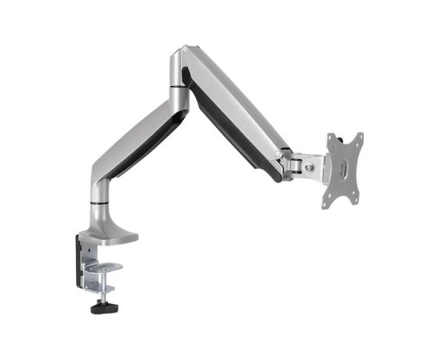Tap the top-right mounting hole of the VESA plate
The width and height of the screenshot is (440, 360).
pos(356,138)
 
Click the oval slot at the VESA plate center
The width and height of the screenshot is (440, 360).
pos(343,168)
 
